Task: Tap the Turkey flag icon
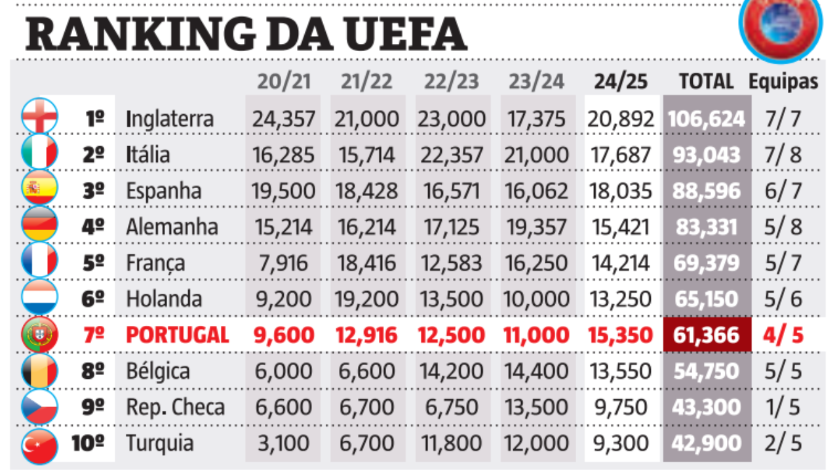tap(39, 444)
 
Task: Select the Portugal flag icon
tap(39, 335)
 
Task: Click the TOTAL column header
tap(706, 81)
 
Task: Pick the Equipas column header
tap(783, 81)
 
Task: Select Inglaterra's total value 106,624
tap(706, 119)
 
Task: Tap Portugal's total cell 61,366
tap(706, 335)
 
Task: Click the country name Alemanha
tap(172, 227)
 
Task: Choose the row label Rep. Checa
tap(175, 407)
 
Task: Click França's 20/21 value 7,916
tap(283, 263)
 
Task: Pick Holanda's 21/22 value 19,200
tap(367, 299)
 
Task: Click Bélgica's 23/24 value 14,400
tap(537, 371)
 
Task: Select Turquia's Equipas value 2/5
tap(783, 443)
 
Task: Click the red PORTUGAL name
tap(177, 335)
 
